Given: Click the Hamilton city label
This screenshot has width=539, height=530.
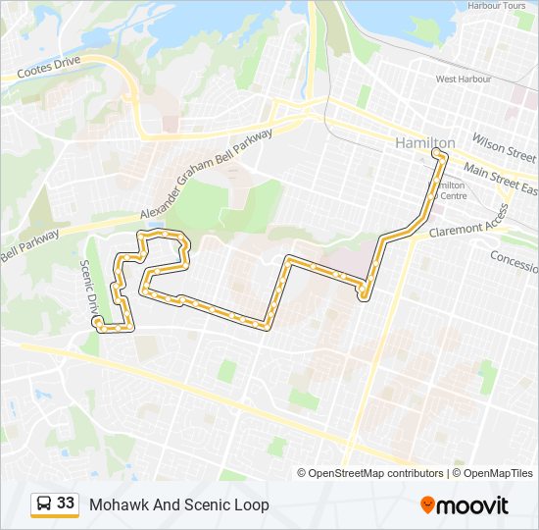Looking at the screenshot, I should coord(424,143).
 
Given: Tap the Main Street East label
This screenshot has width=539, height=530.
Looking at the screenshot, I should coord(501,179).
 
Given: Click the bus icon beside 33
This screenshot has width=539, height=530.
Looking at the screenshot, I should coord(44,503).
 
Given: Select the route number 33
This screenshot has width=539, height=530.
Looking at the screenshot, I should coord(66,503).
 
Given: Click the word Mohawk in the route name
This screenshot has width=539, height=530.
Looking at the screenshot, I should coord(116,505).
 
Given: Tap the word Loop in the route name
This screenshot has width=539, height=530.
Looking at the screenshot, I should coord(251,505).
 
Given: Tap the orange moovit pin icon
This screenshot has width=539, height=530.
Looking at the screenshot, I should coord(428,505).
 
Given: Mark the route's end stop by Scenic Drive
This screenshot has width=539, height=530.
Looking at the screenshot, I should coord(98,321).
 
